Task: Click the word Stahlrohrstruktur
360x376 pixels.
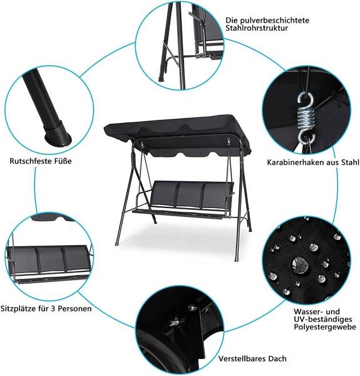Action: [x=257, y=28]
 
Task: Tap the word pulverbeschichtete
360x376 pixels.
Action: [x=276, y=20]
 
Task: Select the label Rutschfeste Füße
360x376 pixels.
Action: [x=41, y=161]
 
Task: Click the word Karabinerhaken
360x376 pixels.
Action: [x=296, y=162]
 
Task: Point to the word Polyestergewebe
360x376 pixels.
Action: [x=325, y=327]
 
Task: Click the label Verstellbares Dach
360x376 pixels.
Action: [x=252, y=358]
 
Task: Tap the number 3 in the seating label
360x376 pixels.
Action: [x=53, y=308]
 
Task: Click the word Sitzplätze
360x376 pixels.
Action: [x=18, y=308]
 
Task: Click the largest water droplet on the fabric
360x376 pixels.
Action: [x=300, y=264]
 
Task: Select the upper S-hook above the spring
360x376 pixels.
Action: [x=306, y=100]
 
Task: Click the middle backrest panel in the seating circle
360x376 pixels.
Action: [x=51, y=259]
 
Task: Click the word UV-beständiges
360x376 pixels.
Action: [x=323, y=319]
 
